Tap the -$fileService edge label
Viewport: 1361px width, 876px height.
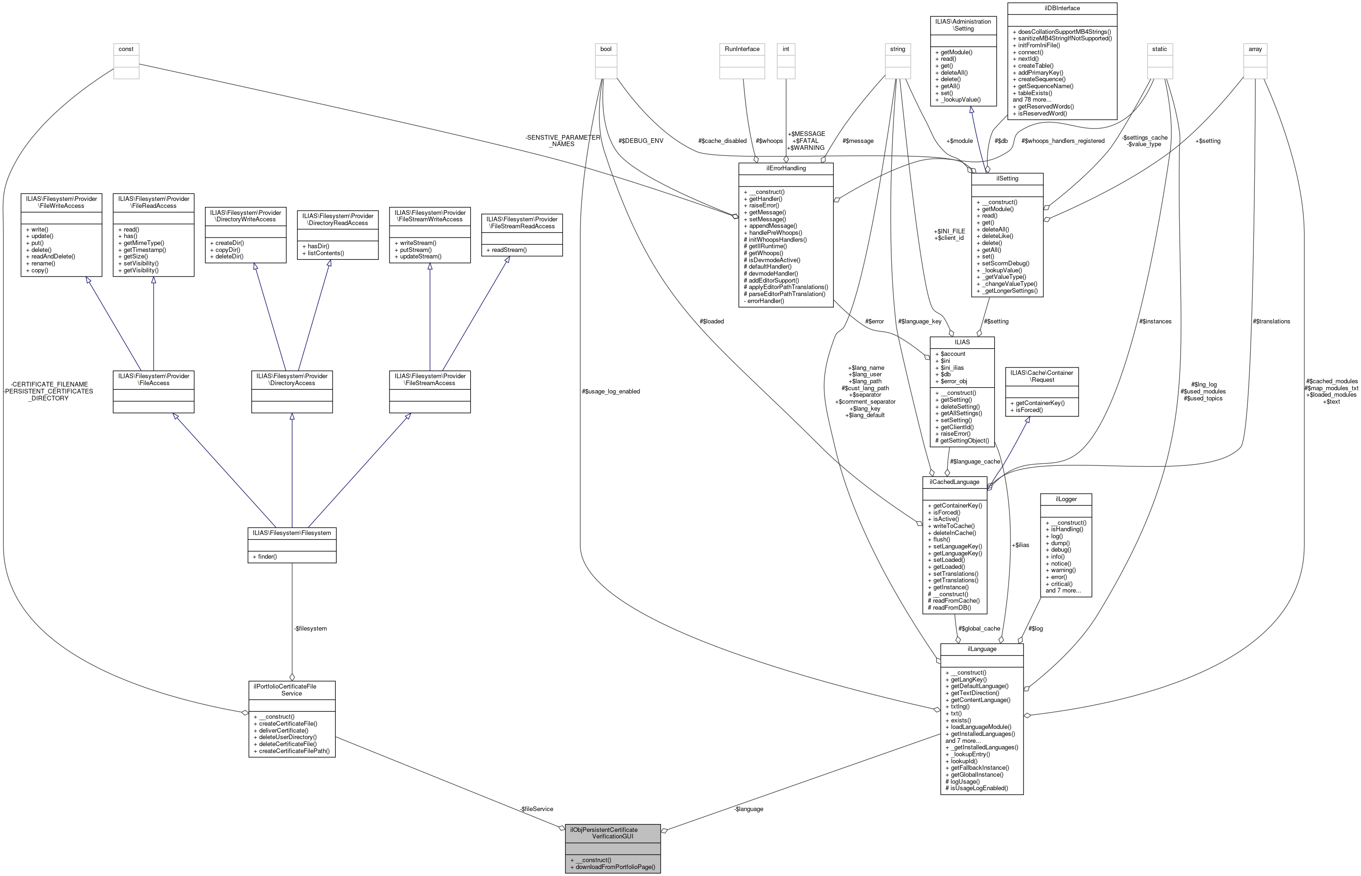536,808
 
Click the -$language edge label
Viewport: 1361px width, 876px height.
748,808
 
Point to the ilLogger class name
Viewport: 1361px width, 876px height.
1066,499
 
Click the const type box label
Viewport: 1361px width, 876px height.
126,49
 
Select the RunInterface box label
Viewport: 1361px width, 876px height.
742,49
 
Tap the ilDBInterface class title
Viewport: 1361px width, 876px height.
1062,8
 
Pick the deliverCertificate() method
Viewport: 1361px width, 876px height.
284,730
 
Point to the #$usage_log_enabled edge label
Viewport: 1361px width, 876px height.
611,391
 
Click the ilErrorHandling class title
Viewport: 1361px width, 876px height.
785,168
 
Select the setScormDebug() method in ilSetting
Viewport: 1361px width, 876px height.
1005,264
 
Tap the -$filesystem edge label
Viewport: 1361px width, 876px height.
310,629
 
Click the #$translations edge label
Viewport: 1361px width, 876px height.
1271,322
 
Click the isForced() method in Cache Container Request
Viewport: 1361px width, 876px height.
1029,410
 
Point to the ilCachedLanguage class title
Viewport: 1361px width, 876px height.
954,482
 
